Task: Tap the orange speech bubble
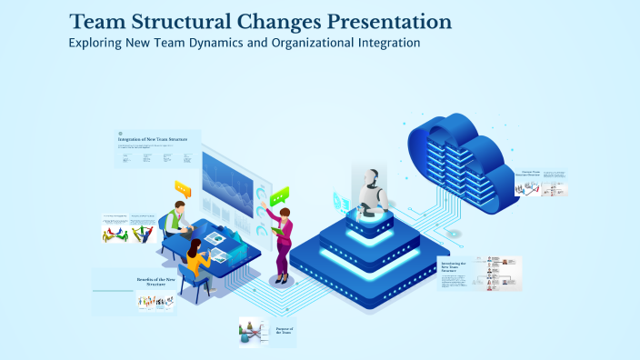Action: coord(184,188)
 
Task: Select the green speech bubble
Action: coord(279,195)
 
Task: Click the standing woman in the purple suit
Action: coord(283,238)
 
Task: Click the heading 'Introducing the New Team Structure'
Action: coord(452,267)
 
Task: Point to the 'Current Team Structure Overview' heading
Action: coord(531,173)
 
